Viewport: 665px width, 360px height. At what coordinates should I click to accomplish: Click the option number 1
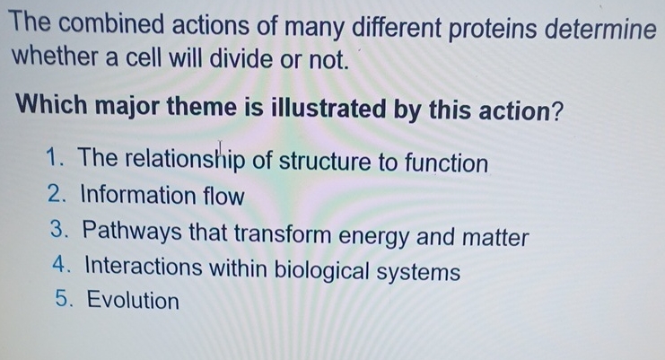51,161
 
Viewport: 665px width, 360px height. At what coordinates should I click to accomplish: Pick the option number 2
51,195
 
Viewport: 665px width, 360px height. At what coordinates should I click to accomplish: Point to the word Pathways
129,236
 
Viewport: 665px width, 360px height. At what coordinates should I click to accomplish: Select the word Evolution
131,301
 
